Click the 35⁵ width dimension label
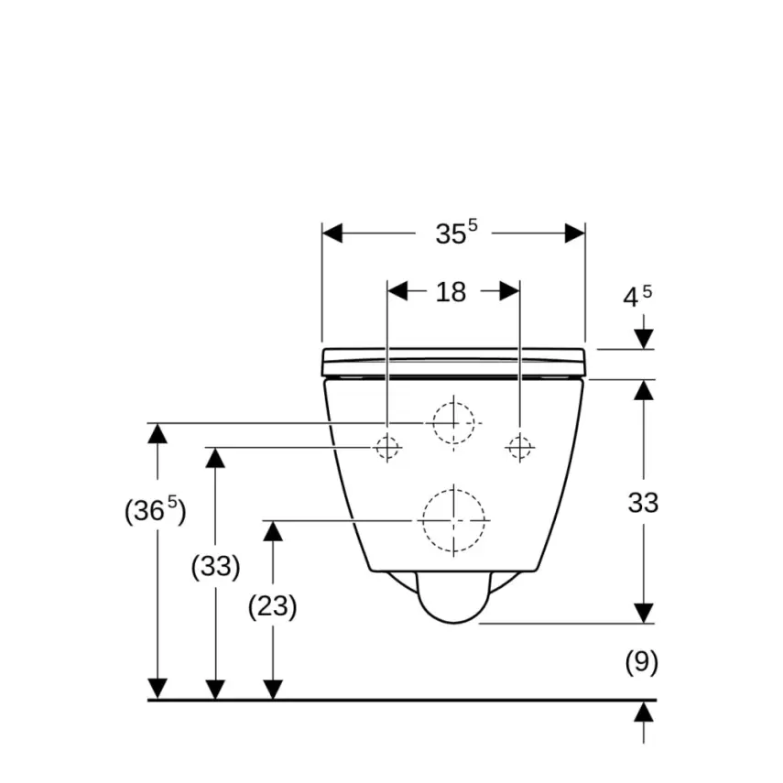456,233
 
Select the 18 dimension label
451,292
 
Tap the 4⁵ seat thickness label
637,297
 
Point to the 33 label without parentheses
643,503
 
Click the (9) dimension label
642,662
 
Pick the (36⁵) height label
156,510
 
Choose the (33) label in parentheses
215,566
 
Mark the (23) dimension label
273,606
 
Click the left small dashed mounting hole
387,448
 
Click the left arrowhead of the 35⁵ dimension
332,234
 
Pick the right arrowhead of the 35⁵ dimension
575,234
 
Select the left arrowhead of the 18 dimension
397,291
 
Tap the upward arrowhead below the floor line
644,712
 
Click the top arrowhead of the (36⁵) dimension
158,433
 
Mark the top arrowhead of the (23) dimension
273,531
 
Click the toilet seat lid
453,362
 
